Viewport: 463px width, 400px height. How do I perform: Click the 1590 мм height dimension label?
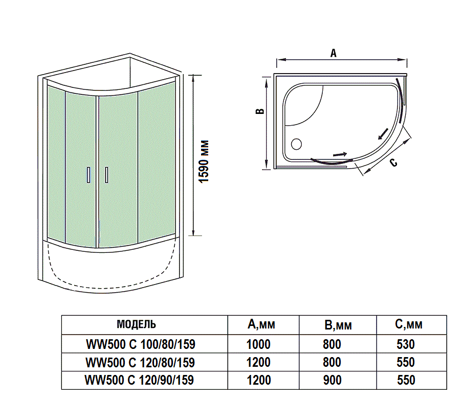pyautogui.click(x=205, y=161)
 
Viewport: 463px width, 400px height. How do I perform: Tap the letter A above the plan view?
pyautogui.click(x=334, y=53)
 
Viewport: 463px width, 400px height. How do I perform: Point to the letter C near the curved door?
pyautogui.click(x=393, y=163)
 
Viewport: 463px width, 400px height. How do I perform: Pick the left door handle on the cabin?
pyautogui.click(x=89, y=175)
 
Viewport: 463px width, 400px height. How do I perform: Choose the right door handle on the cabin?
pyautogui.click(x=106, y=175)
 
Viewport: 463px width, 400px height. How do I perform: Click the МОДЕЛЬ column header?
pyautogui.click(x=137, y=324)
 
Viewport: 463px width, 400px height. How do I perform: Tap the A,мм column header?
pyautogui.click(x=261, y=324)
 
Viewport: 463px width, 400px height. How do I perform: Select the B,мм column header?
pyautogui.click(x=338, y=325)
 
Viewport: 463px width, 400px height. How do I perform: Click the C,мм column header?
pyautogui.click(x=409, y=324)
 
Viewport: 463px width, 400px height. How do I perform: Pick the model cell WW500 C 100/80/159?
pyautogui.click(x=140, y=345)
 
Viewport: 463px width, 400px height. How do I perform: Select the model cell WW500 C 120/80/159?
pyautogui.click(x=140, y=363)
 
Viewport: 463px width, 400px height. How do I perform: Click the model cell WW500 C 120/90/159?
pyautogui.click(x=140, y=380)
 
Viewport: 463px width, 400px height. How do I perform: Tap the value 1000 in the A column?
pyautogui.click(x=258, y=345)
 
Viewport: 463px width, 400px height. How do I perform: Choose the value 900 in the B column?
pyautogui.click(x=332, y=380)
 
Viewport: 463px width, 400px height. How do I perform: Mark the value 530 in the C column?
pyautogui.click(x=406, y=345)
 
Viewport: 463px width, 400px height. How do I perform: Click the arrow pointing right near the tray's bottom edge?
pyautogui.click(x=339, y=153)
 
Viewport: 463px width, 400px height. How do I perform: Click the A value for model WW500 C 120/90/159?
pyautogui.click(x=258, y=380)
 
